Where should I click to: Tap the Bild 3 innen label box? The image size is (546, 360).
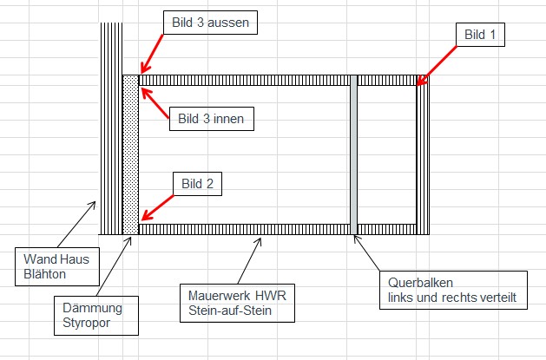[x=210, y=118]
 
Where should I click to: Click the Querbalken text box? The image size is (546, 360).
[x=454, y=289]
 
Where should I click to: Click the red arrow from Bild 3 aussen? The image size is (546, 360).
[x=153, y=54]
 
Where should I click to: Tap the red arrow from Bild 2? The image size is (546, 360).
[x=158, y=206]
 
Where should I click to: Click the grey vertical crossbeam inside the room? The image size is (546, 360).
[x=353, y=156]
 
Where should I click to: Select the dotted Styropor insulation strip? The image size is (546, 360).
[x=130, y=156]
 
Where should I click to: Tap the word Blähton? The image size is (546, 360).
[x=41, y=273]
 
